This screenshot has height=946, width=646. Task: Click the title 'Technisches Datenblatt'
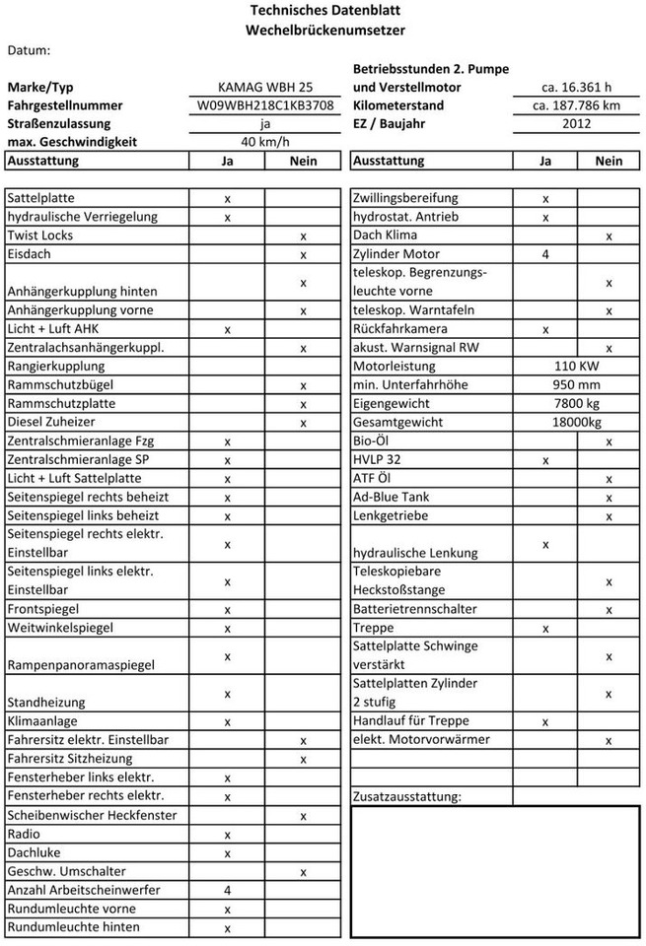(324, 11)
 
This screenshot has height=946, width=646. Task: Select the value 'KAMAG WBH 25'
(265, 87)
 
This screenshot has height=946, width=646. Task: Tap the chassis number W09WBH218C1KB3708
(265, 105)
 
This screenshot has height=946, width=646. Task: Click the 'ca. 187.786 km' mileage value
(576, 105)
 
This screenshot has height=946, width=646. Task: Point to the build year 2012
(576, 124)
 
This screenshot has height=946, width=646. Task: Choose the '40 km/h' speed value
(265, 142)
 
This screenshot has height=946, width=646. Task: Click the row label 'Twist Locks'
(39, 236)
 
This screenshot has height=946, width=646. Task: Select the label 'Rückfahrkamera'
(399, 329)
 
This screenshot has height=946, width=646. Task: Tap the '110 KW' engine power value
(576, 367)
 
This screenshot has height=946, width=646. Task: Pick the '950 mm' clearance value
(576, 385)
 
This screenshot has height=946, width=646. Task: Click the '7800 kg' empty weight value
(576, 404)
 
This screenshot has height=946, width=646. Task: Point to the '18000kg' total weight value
(576, 423)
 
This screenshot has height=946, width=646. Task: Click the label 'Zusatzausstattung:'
(406, 796)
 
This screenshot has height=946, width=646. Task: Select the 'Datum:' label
(29, 49)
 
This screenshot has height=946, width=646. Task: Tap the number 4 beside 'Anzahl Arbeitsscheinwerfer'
(228, 890)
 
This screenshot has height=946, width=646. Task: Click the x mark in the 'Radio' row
(228, 835)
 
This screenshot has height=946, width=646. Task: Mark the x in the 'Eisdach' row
(304, 255)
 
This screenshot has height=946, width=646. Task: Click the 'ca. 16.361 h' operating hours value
(576, 87)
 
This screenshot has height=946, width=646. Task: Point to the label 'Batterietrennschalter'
(414, 610)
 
